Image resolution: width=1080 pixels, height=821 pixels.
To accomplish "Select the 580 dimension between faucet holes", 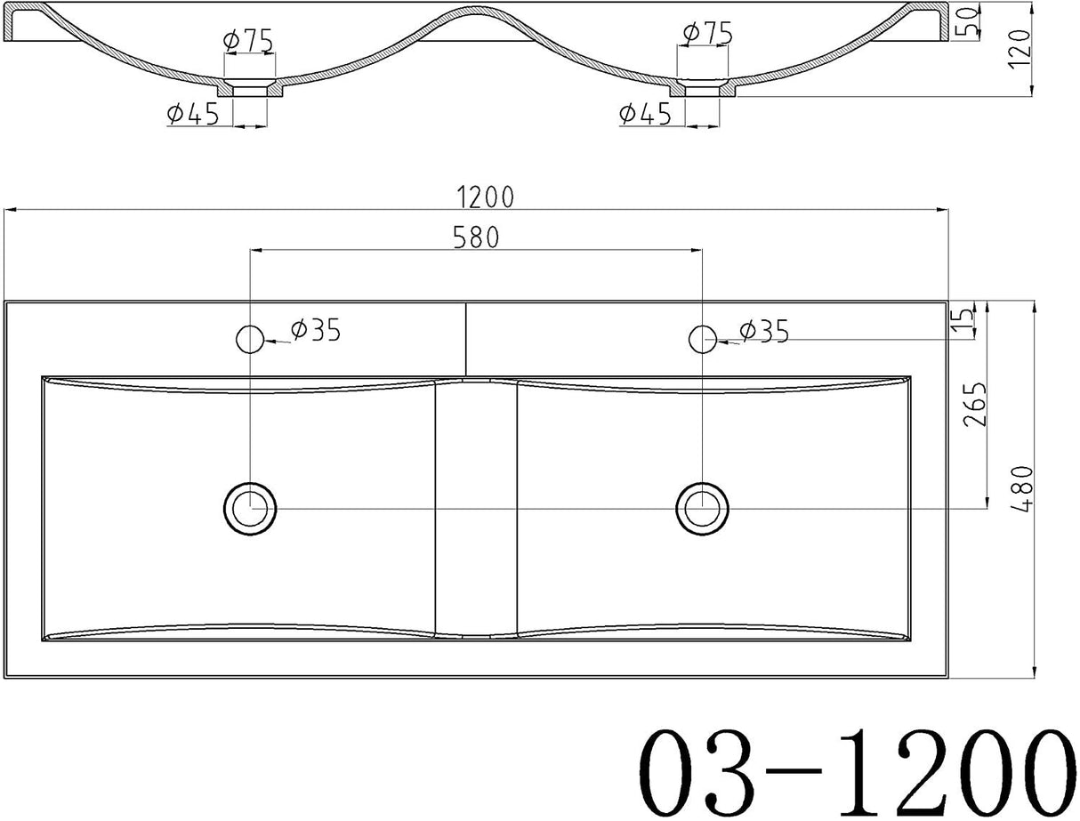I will pyautogui.click(x=475, y=237).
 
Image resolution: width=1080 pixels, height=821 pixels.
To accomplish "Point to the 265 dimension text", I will pyautogui.click(x=976, y=405).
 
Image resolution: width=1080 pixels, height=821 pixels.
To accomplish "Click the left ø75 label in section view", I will pyautogui.click(x=247, y=40).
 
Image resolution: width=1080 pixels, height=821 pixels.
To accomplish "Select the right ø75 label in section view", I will pyautogui.click(x=707, y=34).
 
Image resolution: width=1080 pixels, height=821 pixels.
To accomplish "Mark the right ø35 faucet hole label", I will pyautogui.click(x=764, y=331).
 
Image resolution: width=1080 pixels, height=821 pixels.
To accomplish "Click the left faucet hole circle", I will pyautogui.click(x=250, y=338).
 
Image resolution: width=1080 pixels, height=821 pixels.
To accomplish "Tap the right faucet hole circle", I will pyautogui.click(x=702, y=338).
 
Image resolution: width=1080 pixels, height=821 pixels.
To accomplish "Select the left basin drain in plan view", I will pyautogui.click(x=250, y=509).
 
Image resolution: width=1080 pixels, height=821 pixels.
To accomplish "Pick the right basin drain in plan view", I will pyautogui.click(x=702, y=508).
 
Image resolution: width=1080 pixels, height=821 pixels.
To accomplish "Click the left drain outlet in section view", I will pyautogui.click(x=250, y=89).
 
